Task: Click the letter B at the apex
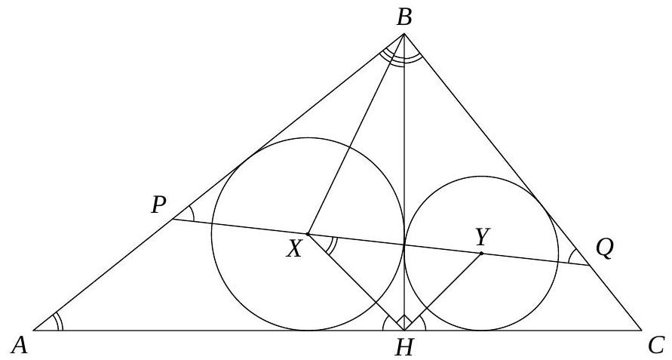pyautogui.click(x=404, y=18)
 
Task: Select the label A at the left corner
pyautogui.click(x=20, y=346)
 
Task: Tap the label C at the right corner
pyautogui.click(x=656, y=345)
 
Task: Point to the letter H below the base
pyautogui.click(x=404, y=348)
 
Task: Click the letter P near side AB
pyautogui.click(x=158, y=205)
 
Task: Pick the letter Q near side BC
pyautogui.click(x=604, y=249)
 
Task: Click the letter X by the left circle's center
pyautogui.click(x=294, y=249)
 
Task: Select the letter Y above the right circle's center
pyautogui.click(x=482, y=237)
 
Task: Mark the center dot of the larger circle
pyautogui.click(x=307, y=234)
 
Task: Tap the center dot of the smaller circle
pyautogui.click(x=481, y=253)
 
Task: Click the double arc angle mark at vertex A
pyautogui.click(x=58, y=322)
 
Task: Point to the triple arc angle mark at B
pyautogui.click(x=401, y=57)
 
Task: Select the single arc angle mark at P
pyautogui.click(x=191, y=214)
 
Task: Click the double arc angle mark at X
pyautogui.click(x=331, y=245)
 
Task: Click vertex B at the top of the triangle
pyautogui.click(x=404, y=33)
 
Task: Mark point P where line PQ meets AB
pyautogui.click(x=173, y=220)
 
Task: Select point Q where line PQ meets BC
pyautogui.click(x=590, y=266)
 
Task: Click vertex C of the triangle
pyautogui.click(x=641, y=331)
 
